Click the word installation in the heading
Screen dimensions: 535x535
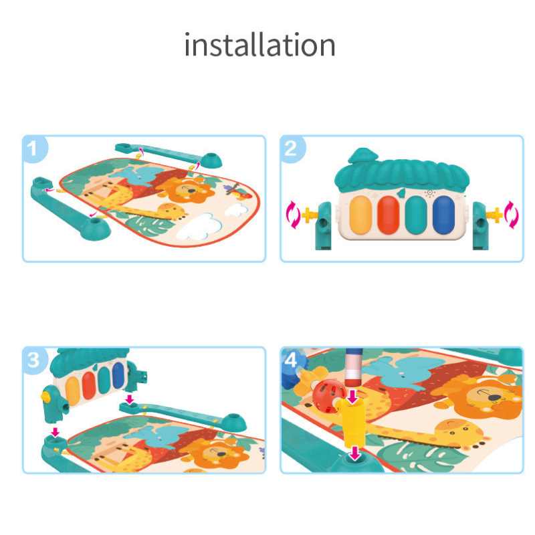coord(259,45)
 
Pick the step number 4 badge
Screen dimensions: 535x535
coord(291,359)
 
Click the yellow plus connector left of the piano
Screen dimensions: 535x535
coord(309,215)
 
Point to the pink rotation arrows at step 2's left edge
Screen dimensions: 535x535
coord(292,215)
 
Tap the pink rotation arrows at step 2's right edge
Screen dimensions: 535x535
coord(512,215)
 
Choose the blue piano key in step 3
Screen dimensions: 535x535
coord(118,378)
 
